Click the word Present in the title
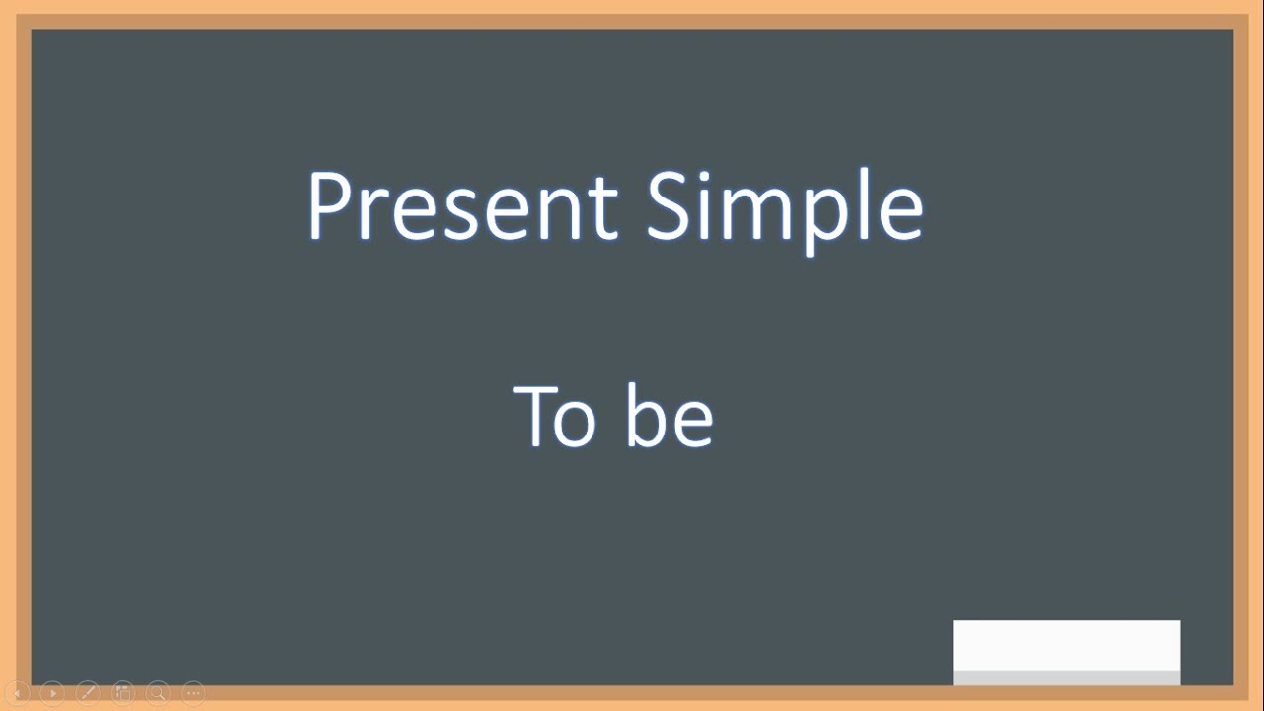462,206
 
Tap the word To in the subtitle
555,417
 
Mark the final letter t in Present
604,211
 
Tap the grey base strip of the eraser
1066,677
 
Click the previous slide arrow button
18,693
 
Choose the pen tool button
87,693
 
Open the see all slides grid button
122,693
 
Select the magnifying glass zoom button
158,693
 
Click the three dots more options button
194,693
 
